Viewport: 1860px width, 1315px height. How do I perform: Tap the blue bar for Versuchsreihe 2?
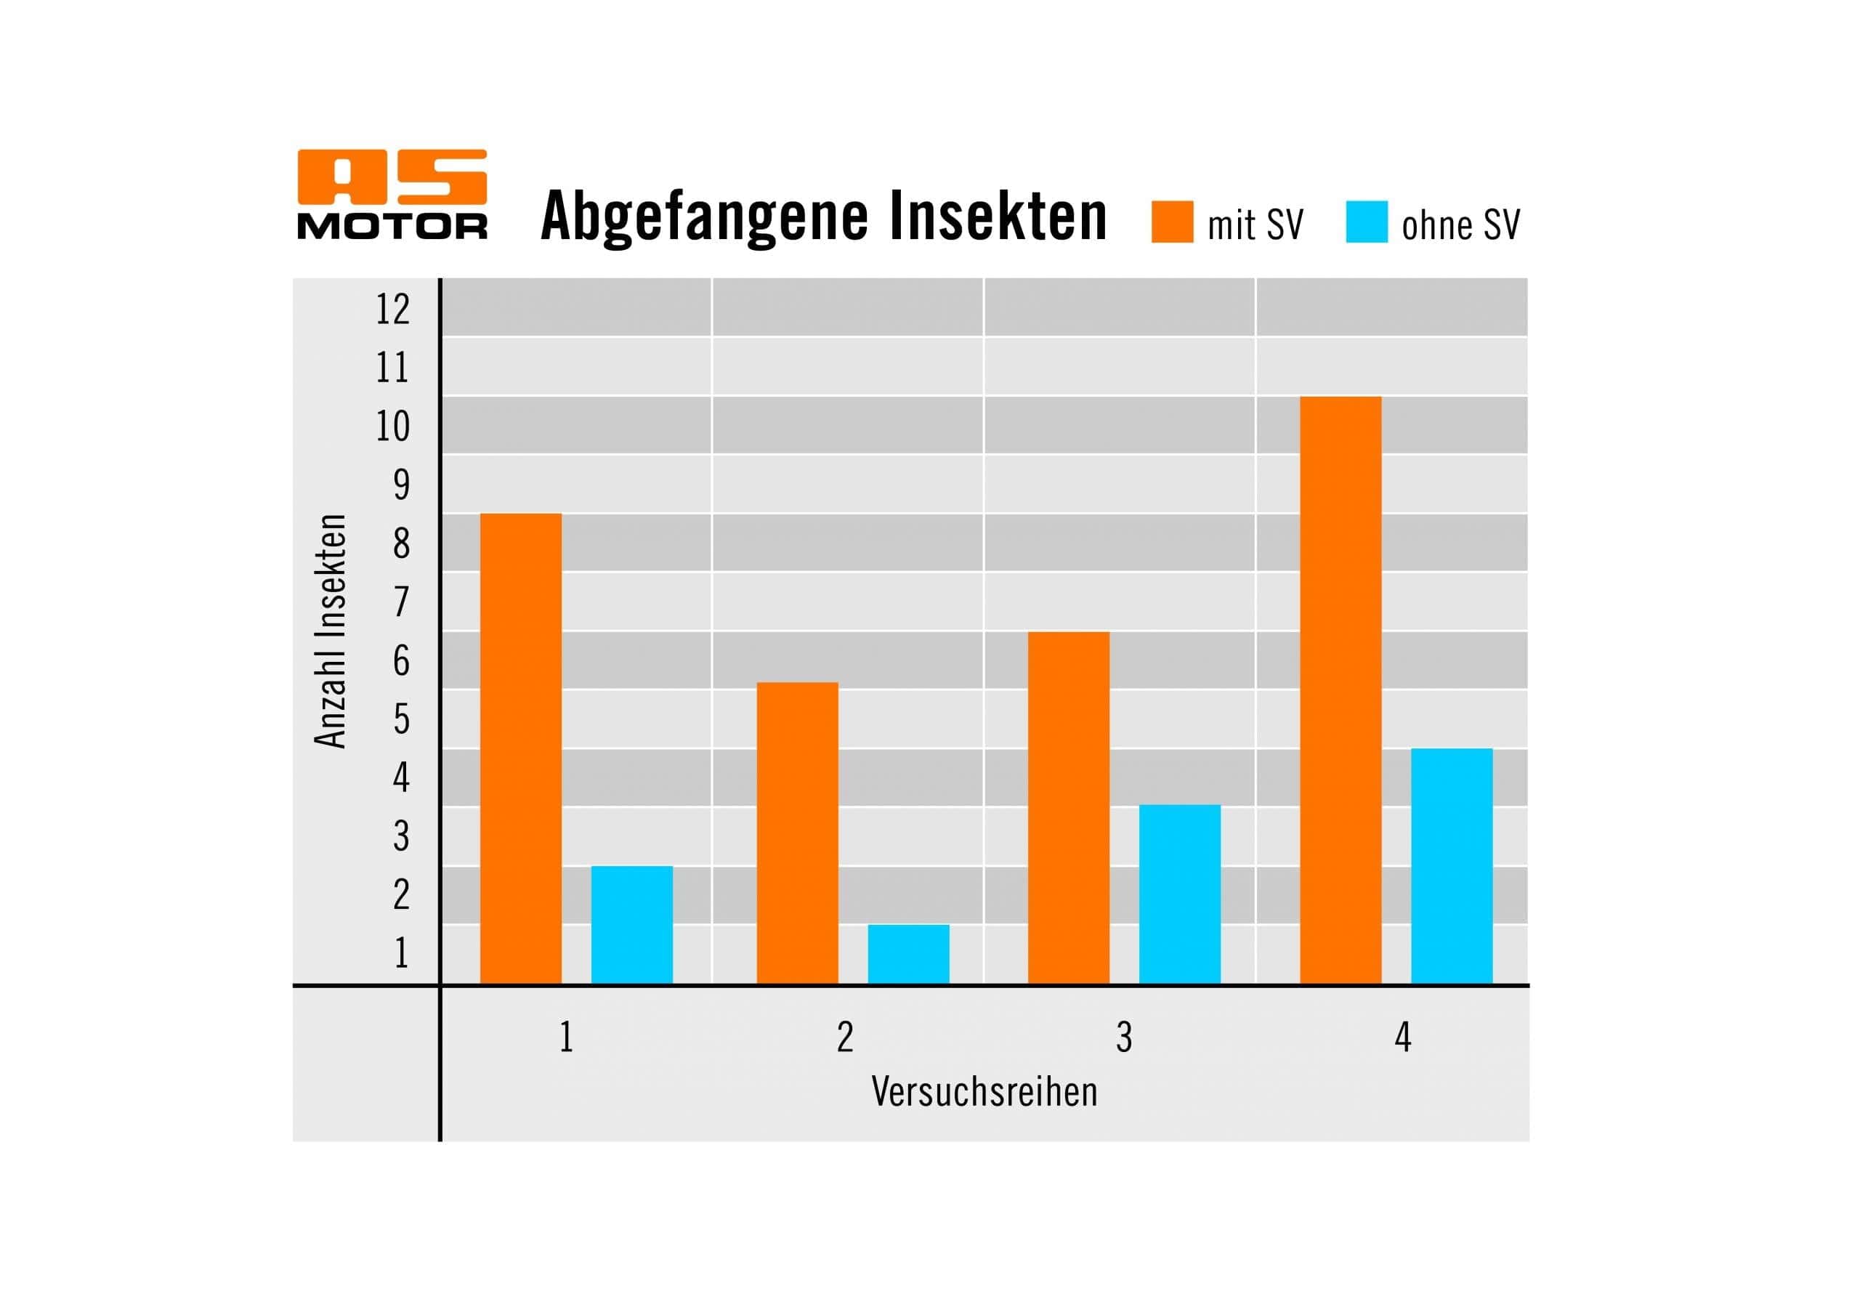[x=908, y=954]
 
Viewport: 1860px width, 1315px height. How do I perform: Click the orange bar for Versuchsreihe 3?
[x=1069, y=807]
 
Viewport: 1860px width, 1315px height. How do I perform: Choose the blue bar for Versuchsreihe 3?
[x=1179, y=894]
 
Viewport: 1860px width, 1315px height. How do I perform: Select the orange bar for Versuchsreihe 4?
[x=1341, y=689]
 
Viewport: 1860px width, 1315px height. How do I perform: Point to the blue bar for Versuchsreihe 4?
[x=1452, y=865]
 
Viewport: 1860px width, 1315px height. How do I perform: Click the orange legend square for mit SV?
[x=1172, y=222]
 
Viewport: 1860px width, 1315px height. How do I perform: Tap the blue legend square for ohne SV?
[x=1367, y=222]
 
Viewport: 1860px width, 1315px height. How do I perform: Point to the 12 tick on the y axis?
[x=393, y=309]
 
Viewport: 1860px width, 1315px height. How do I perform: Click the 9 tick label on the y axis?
[x=401, y=485]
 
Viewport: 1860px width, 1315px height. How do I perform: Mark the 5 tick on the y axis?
[x=401, y=719]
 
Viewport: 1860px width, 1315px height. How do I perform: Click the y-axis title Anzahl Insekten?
[x=331, y=631]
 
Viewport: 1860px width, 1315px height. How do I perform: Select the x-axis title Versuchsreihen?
[x=984, y=1092]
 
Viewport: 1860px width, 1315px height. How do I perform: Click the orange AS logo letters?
[x=392, y=177]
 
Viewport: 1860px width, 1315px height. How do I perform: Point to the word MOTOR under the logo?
[x=392, y=227]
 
